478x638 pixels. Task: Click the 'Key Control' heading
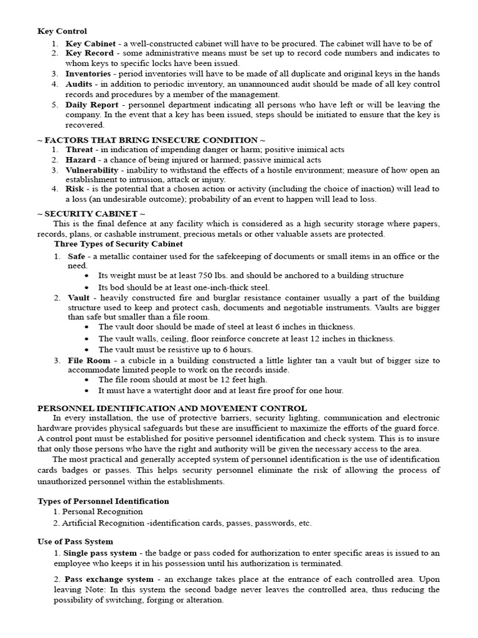[x=62, y=31]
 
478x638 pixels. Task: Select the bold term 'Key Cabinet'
[x=88, y=44]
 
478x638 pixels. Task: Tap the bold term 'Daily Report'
[x=90, y=105]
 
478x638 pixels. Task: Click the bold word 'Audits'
[x=79, y=83]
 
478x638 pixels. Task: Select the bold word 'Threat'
[x=80, y=150]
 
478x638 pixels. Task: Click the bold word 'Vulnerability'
[x=91, y=170]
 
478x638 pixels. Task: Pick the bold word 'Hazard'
[x=81, y=160]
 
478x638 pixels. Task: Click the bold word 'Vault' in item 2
[x=79, y=298]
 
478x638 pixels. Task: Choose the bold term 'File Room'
[x=88, y=360]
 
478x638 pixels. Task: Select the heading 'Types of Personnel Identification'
[x=103, y=501]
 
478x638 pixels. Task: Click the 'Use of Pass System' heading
[x=75, y=542]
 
